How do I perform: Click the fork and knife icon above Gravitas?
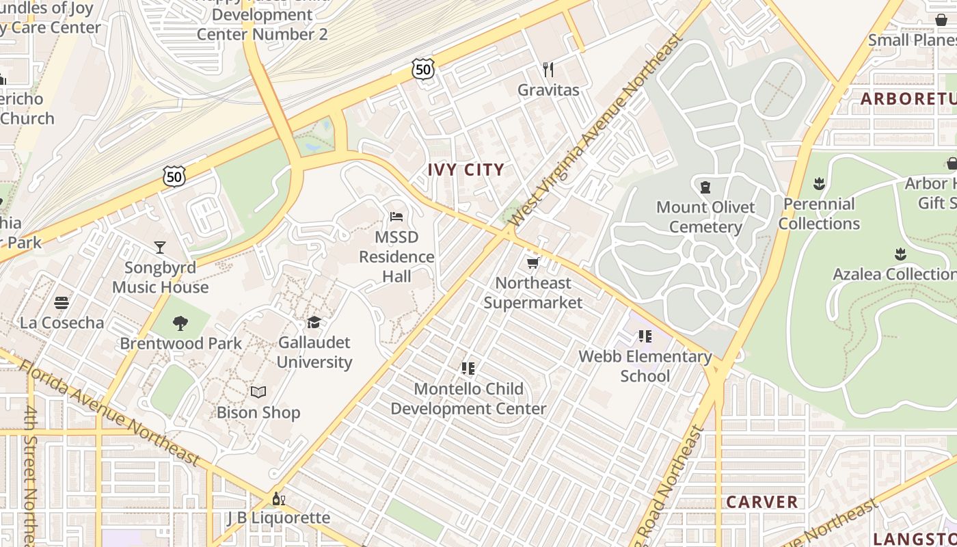548,69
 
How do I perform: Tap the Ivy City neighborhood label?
466,170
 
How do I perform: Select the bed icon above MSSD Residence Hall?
396,217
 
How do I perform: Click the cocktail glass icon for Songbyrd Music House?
160,247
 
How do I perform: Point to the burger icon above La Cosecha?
62,302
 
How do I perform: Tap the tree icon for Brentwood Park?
180,323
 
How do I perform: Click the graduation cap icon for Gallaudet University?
314,322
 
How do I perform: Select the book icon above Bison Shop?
258,392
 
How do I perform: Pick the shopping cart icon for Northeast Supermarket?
533,263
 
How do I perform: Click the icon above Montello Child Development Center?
468,369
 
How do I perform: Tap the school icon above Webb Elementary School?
645,336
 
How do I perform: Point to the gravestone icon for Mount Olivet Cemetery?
705,187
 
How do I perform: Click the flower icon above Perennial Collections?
819,184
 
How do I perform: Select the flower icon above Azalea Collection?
900,254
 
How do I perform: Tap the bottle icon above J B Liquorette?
278,498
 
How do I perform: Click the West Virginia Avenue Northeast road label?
596,130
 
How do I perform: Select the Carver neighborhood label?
762,502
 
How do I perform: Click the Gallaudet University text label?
314,352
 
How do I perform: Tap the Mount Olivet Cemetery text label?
705,217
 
